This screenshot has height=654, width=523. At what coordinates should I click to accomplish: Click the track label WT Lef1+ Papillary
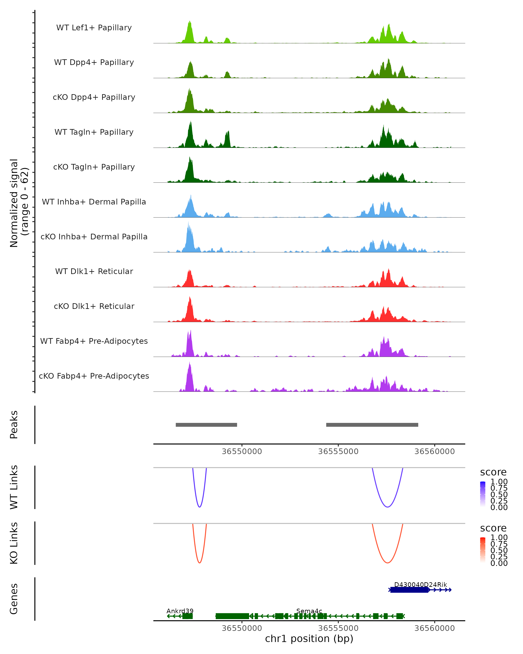coord(94,28)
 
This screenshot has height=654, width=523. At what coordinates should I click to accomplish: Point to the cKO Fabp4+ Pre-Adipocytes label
coord(94,376)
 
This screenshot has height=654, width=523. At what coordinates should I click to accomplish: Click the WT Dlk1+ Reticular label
coord(94,271)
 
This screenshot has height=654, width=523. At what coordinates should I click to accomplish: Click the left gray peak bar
coord(206,425)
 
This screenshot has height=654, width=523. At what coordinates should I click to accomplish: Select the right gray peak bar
coord(372,425)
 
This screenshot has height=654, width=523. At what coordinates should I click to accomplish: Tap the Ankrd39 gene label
coord(180,611)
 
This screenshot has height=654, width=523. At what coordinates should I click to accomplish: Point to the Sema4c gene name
coord(309,611)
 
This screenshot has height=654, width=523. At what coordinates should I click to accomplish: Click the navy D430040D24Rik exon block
coord(409,590)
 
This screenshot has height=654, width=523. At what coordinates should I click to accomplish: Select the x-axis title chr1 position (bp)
coord(309,639)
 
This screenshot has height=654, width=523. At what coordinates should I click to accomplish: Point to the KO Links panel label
coord(14,543)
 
